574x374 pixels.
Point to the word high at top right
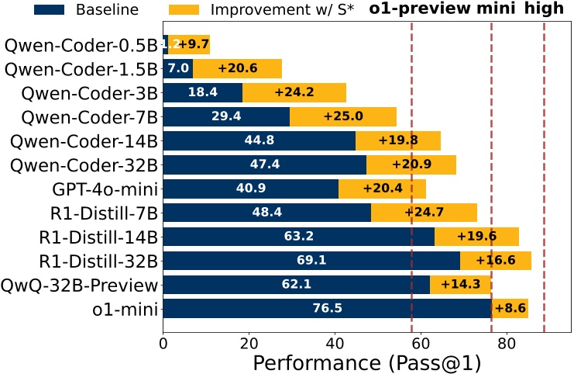click(545, 11)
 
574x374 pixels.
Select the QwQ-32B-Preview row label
click(81, 285)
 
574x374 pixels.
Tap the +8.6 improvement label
click(510, 309)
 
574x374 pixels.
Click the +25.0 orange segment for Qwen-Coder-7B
click(343, 117)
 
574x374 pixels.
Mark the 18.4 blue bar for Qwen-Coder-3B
click(202, 93)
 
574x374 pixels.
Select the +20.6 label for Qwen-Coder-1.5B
click(238, 69)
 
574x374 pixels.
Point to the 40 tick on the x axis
click(335, 341)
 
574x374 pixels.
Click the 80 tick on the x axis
click(506, 341)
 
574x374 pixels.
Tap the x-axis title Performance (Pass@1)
click(366, 362)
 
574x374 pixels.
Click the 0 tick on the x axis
click(163, 341)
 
